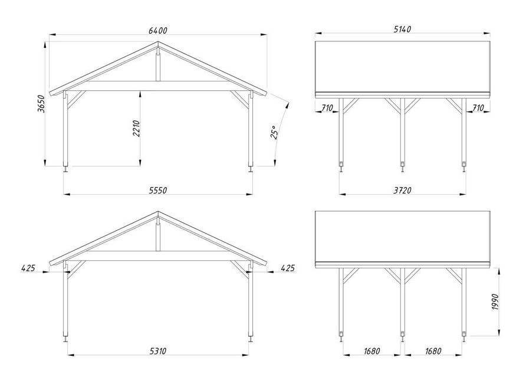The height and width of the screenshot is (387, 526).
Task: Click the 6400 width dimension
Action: click(x=157, y=31)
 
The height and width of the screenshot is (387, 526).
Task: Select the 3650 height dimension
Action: click(x=41, y=104)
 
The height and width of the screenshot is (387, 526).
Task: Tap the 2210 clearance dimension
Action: click(x=136, y=128)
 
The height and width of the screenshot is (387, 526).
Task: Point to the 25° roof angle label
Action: click(x=274, y=132)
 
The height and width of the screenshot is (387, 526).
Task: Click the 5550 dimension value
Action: click(x=157, y=191)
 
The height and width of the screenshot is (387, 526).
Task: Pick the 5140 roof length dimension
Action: click(x=402, y=29)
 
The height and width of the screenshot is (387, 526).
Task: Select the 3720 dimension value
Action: click(x=402, y=191)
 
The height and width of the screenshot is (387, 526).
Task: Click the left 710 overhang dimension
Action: click(x=327, y=108)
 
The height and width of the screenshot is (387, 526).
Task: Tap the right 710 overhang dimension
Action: click(x=478, y=108)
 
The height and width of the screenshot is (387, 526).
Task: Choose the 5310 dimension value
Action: click(x=157, y=351)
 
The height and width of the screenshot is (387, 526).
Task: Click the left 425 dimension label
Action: click(x=28, y=268)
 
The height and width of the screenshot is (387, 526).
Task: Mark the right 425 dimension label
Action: click(x=288, y=268)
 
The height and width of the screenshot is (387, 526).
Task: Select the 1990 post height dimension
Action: click(x=496, y=301)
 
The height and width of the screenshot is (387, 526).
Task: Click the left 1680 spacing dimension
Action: click(x=372, y=351)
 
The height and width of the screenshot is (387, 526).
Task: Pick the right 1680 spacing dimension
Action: click(x=433, y=351)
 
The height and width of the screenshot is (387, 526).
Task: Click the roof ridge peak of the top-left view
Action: click(x=158, y=42)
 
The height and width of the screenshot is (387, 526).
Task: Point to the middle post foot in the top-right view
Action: click(x=402, y=167)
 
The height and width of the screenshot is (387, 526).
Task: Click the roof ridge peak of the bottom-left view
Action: click(x=158, y=212)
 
